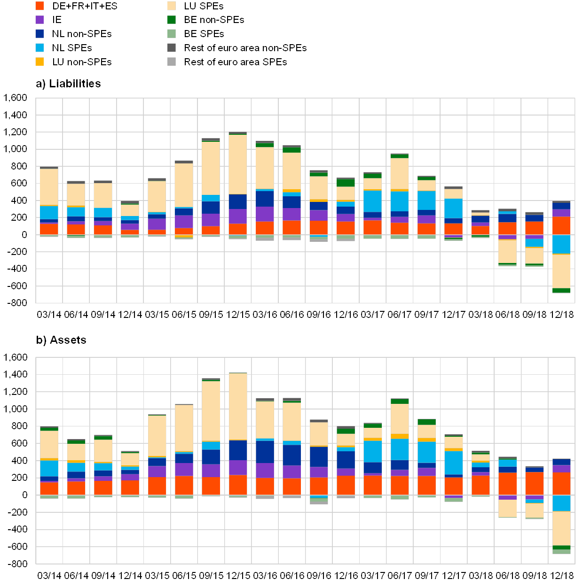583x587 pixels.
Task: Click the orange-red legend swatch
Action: [x=39, y=6]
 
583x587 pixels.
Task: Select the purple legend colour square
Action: [x=39, y=20]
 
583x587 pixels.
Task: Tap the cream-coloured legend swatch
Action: [x=172, y=6]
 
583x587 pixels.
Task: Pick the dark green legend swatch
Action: [x=172, y=20]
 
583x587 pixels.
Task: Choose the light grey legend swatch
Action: [x=172, y=62]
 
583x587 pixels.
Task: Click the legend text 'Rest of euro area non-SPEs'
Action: [x=246, y=48]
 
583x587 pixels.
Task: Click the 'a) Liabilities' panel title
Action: [x=69, y=84]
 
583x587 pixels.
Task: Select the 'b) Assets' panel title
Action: [x=62, y=340]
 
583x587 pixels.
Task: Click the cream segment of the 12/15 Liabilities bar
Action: [x=238, y=164]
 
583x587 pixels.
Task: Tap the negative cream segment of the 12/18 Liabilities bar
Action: [x=561, y=271]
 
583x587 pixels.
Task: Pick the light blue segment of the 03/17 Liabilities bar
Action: [x=372, y=201]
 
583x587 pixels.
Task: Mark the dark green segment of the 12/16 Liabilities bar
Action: [x=346, y=183]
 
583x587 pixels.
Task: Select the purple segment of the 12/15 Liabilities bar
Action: [x=238, y=216]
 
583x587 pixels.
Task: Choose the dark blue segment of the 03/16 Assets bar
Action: [x=265, y=452]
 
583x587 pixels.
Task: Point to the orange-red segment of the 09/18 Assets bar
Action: [x=534, y=483]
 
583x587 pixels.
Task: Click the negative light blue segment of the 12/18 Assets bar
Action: [x=561, y=503]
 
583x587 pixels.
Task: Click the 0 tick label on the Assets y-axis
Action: [x=25, y=495]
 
